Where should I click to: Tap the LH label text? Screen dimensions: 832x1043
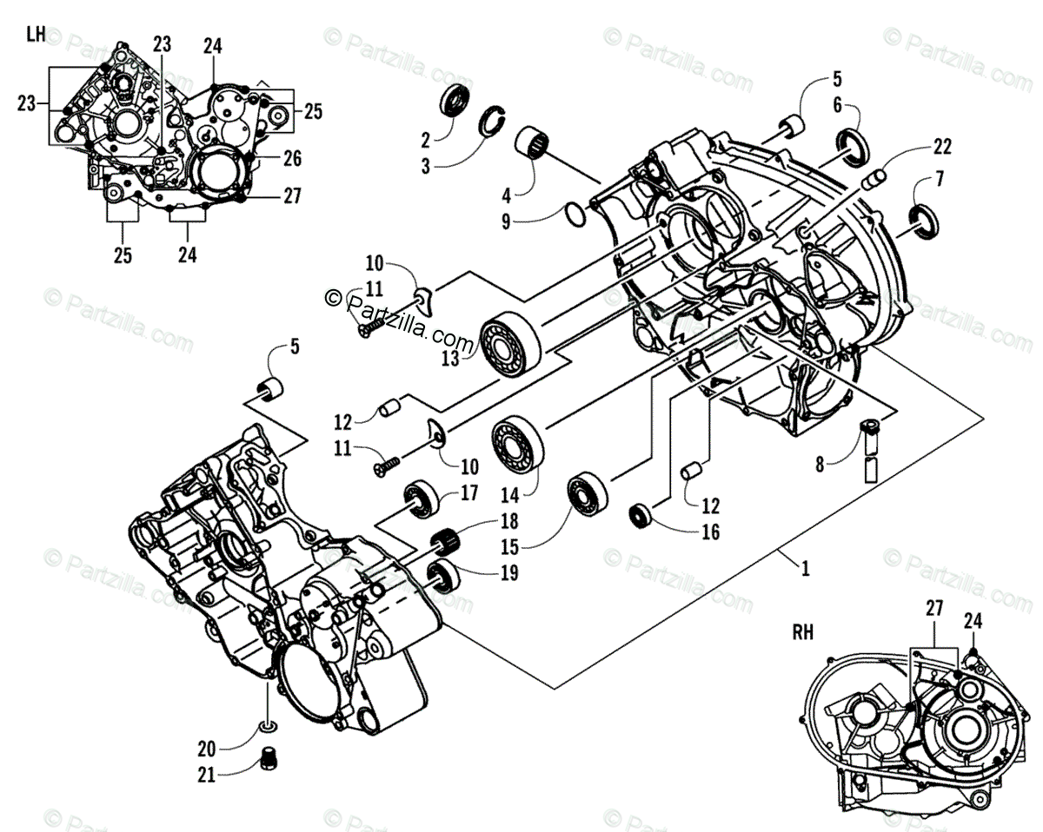click(x=36, y=35)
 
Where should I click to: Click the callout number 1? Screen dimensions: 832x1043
click(x=806, y=570)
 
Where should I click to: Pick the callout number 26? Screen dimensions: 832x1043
click(x=292, y=159)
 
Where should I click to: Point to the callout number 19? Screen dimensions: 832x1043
click(x=484, y=572)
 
